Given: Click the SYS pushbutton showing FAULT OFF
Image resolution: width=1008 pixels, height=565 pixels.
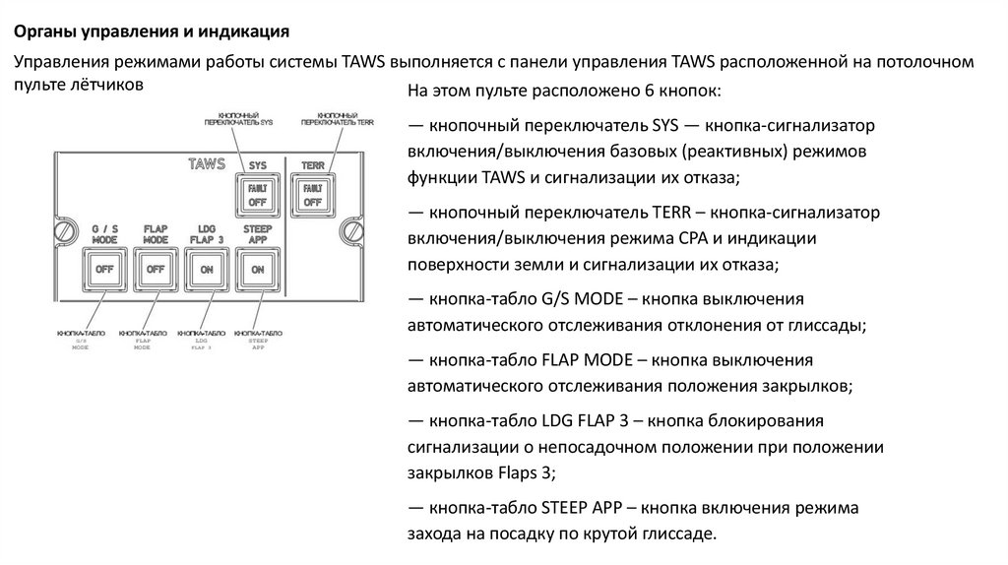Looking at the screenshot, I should pos(258,194).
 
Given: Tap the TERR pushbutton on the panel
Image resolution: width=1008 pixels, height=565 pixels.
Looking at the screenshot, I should pos(312,194).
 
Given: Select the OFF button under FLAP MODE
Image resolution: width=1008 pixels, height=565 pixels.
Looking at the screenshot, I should pos(155,268).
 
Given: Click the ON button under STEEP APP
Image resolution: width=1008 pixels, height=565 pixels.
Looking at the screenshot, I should pos(258,268).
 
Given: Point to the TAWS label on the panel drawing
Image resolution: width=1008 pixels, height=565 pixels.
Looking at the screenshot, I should pos(207,163).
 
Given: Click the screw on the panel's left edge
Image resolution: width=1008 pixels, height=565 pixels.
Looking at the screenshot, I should pos(66,232).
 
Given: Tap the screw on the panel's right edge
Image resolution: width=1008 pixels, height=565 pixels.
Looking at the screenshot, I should pos(349,232).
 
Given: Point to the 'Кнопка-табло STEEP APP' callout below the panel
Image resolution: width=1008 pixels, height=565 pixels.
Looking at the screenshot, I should pos(259,340).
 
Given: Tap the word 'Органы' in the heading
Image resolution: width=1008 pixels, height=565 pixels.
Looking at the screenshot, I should pos(43,31).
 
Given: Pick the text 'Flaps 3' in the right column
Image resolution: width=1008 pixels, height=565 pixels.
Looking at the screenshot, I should pos(528,472).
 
